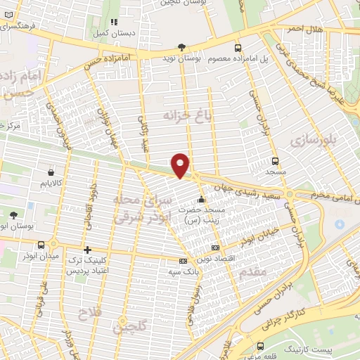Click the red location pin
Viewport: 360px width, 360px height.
[x=181, y=165]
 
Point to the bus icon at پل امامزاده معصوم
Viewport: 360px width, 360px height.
[x=238, y=48]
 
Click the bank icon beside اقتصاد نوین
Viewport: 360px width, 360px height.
[x=215, y=247]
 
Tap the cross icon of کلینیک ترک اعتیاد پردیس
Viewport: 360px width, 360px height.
[x=87, y=250]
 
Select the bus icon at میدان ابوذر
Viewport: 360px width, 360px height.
[x=41, y=245]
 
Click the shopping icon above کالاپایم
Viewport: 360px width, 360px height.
[x=51, y=172]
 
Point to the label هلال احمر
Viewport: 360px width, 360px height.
[x=303, y=27]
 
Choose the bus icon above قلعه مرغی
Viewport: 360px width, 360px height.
[x=261, y=347]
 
